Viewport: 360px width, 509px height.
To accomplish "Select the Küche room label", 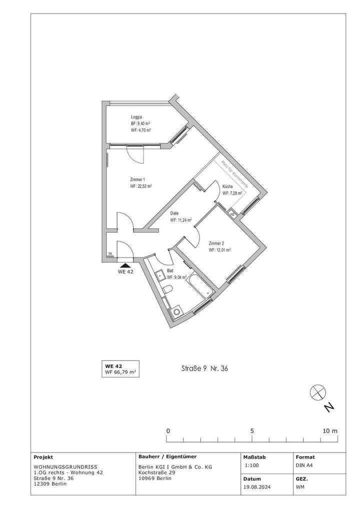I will pos(227,186).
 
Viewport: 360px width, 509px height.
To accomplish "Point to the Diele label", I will pos(174,213).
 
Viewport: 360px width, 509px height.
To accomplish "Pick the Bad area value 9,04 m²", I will pos(176,277).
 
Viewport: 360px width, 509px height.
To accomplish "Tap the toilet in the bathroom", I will pos(168,290).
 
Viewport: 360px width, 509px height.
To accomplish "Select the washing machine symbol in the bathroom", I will pos(176,312).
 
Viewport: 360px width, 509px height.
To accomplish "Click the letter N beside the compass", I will pos(328,408).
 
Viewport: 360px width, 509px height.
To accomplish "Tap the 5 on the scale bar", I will pos(252,430).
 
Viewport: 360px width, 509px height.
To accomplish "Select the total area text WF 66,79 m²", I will pos(120,372).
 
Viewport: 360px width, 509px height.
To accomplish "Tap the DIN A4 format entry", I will pos(305,465).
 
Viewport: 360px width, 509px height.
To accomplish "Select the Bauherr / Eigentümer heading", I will pos(167,456).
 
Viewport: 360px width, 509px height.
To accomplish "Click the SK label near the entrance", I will pos(110,254).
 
